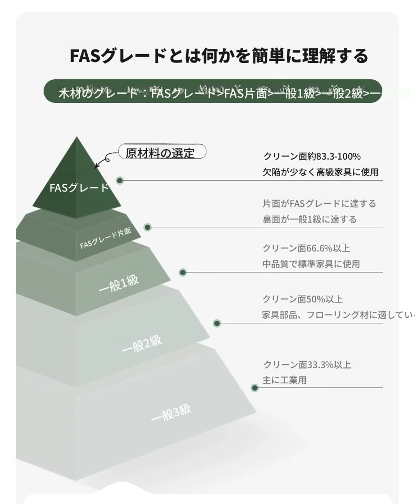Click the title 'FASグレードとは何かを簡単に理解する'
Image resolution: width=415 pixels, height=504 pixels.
click(219, 56)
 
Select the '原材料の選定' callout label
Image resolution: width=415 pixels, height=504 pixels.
click(160, 153)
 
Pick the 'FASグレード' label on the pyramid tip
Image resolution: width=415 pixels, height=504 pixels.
click(79, 187)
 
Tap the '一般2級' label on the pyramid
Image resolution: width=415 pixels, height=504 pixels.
click(142, 344)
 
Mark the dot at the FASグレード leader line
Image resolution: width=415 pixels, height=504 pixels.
click(120, 181)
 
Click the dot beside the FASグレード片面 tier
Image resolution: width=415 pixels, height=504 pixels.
click(148, 227)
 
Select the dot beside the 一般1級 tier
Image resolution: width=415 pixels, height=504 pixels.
click(183, 272)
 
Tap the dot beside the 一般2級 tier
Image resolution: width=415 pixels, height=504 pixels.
click(217, 323)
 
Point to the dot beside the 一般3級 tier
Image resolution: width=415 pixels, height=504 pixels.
click(255, 388)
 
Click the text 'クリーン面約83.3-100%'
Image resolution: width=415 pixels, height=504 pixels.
click(312, 156)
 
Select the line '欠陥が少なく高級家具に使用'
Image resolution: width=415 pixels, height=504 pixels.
click(320, 172)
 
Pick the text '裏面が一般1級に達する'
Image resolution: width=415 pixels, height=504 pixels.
click(309, 219)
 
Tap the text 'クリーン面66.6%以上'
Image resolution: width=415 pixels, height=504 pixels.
click(306, 248)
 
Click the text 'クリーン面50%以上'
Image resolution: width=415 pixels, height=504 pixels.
click(303, 299)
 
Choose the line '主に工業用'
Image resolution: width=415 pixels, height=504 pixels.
click(284, 380)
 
